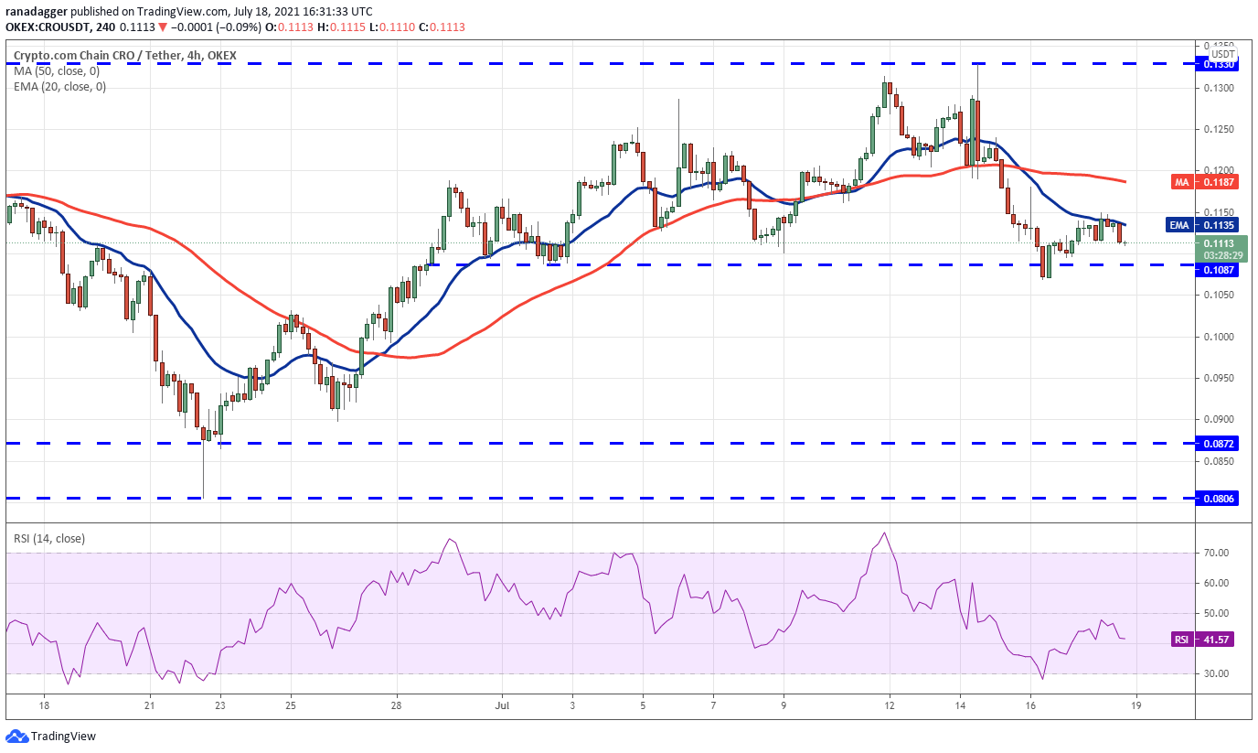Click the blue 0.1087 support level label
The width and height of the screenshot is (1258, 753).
coord(1217,271)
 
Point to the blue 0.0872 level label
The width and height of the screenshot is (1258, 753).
coord(1217,443)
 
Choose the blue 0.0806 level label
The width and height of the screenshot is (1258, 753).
coord(1217,499)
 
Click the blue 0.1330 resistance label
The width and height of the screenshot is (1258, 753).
coord(1217,64)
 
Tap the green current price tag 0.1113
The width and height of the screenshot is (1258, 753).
coord(1217,243)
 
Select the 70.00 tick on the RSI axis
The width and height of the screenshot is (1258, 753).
coord(1215,553)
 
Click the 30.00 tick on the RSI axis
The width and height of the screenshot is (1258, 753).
coord(1215,673)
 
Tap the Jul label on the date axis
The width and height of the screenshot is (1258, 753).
coord(500,706)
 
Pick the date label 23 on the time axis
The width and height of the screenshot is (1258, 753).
coord(219,706)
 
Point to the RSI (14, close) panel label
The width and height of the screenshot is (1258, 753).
coord(49,539)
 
